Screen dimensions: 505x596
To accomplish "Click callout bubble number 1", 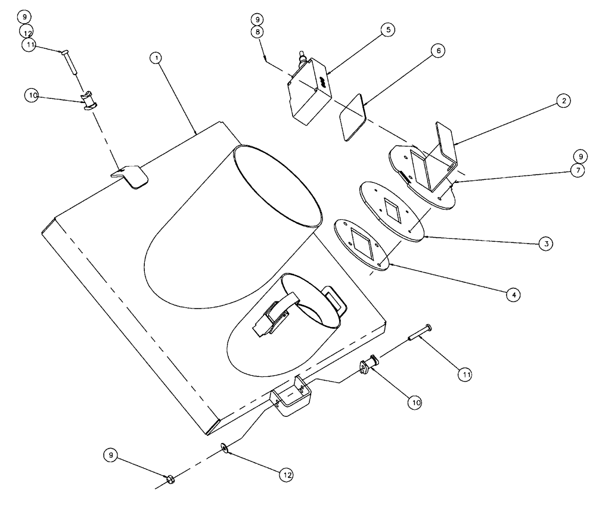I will pyautogui.click(x=156, y=58).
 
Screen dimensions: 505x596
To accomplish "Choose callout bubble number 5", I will pyautogui.click(x=388, y=30).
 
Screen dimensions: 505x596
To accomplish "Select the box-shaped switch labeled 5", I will pyautogui.click(x=309, y=93).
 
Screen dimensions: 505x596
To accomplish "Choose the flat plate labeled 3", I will pyautogui.click(x=390, y=211).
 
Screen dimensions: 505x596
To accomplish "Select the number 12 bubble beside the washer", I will pyautogui.click(x=287, y=474).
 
